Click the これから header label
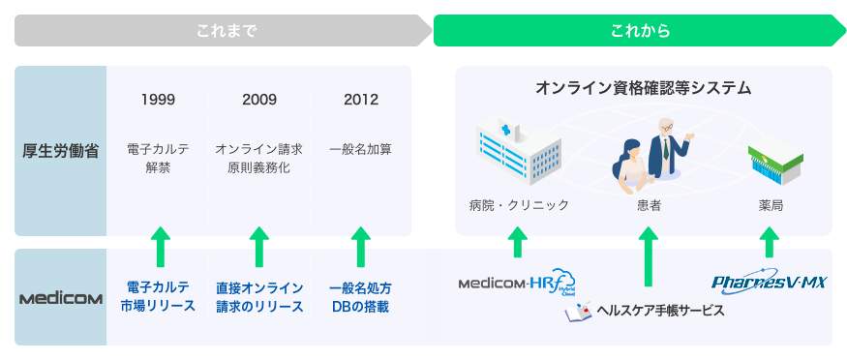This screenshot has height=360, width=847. (640, 31)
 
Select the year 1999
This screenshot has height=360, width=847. (158, 100)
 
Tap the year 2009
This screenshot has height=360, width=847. (258, 100)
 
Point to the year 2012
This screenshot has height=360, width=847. (360, 100)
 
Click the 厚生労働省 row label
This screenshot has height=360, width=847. (60, 151)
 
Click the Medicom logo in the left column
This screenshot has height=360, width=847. (60, 298)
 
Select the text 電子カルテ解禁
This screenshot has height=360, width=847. (158, 159)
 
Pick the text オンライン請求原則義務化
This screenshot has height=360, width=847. (258, 159)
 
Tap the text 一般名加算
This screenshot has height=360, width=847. (360, 150)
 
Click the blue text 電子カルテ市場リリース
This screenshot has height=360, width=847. (158, 297)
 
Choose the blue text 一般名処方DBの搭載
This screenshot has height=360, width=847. (360, 297)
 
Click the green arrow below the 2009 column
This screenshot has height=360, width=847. (258, 247)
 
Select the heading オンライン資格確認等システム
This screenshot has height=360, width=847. (644, 88)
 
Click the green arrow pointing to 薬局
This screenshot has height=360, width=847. (769, 241)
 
